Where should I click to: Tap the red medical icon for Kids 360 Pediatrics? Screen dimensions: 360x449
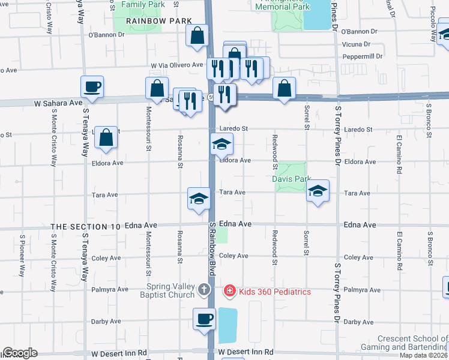coord(229,292)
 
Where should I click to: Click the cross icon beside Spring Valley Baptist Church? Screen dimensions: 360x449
coord(204,291)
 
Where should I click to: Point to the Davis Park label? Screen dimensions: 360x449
coord(291,179)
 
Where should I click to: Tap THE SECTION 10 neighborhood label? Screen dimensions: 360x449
coord(85,226)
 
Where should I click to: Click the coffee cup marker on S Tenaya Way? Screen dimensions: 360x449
coord(92,86)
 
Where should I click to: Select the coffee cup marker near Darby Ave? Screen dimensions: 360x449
coord(204,318)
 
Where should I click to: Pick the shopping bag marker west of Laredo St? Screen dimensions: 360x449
coord(106,137)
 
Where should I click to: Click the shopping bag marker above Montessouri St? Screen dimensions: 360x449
coord(157,88)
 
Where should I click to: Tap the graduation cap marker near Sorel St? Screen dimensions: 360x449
coord(318,191)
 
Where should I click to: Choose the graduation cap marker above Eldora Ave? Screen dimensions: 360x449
coord(221,144)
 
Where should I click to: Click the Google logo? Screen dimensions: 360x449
coord(19,353)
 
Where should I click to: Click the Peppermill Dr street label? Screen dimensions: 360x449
coord(362,56)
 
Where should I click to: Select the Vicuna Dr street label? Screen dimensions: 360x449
coord(356,44)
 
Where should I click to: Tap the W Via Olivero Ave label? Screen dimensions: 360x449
coord(177,65)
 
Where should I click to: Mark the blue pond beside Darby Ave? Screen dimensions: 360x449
coord(228,325)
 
